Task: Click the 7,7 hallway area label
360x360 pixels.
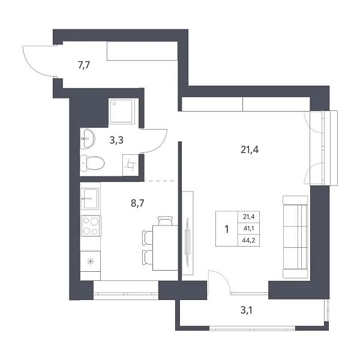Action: click(84, 65)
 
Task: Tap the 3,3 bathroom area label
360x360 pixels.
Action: click(116, 140)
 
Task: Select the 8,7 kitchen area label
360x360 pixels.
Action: click(137, 203)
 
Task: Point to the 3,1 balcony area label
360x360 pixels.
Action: click(247, 310)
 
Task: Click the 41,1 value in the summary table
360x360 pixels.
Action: click(248, 229)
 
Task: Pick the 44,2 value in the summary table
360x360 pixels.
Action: click(248, 241)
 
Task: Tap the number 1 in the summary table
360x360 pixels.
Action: click(227, 229)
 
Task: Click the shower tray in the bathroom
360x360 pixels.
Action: click(121, 111)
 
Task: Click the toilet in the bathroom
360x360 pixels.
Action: click(92, 163)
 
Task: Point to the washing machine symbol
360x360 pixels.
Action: click(130, 166)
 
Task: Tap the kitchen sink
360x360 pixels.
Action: click(90, 199)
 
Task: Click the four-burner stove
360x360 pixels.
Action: click(91, 226)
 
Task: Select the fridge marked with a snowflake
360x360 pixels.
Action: click(91, 261)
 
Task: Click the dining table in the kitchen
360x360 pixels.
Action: click(166, 248)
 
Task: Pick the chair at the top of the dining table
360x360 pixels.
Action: click(165, 221)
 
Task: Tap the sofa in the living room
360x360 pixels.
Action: click(295, 237)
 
